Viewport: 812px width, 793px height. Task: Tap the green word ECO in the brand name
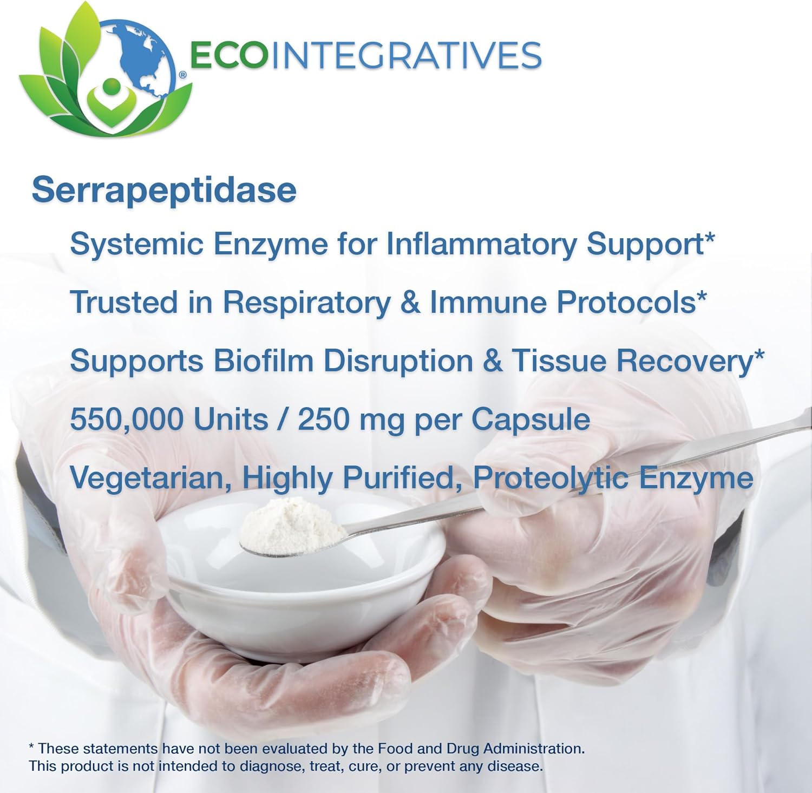click(x=228, y=55)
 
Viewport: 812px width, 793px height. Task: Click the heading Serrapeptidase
click(x=164, y=191)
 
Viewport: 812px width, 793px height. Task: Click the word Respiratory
click(x=306, y=302)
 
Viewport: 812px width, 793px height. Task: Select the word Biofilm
click(x=263, y=361)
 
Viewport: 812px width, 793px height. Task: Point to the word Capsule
click(x=531, y=420)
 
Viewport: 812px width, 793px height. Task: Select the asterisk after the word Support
click(x=710, y=238)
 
